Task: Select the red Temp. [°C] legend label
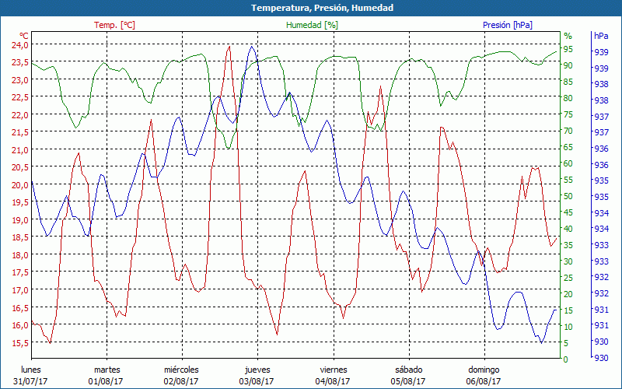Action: (x=114, y=25)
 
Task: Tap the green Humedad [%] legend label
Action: (x=312, y=25)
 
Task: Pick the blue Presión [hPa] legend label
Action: (x=508, y=25)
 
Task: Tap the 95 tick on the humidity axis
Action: (x=568, y=49)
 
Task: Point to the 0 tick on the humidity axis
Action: (x=566, y=359)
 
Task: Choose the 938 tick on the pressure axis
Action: (x=601, y=100)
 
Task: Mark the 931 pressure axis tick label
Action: (x=601, y=310)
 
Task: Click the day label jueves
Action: (x=257, y=370)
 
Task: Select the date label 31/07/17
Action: (x=31, y=381)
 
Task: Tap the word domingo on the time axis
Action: (x=484, y=370)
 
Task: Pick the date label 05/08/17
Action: (x=408, y=381)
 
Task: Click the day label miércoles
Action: (x=181, y=370)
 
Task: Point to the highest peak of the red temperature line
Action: (x=229, y=47)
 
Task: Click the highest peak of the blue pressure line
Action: (x=251, y=47)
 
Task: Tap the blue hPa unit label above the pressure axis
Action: (x=601, y=36)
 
